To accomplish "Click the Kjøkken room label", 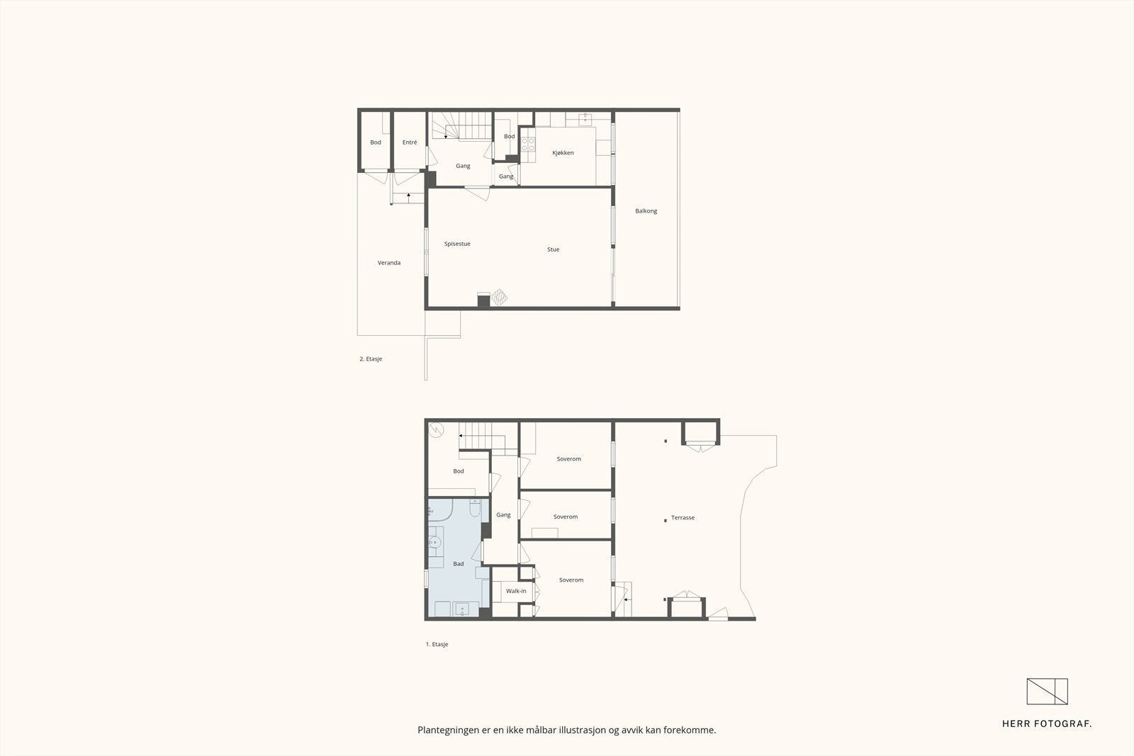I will (x=563, y=153).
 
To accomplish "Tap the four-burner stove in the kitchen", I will (x=528, y=145).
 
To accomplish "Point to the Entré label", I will (x=410, y=142).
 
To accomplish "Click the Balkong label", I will (x=646, y=211).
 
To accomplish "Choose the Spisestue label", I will (x=457, y=244).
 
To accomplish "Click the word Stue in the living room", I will (x=553, y=249).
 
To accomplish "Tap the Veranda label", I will (x=389, y=263).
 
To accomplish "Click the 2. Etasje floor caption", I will (x=371, y=359).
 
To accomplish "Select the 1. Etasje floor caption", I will (x=437, y=645).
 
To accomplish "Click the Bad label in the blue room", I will (x=459, y=564).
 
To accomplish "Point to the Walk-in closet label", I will (x=516, y=591).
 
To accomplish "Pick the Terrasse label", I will (x=683, y=518).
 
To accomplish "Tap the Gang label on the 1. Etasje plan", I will (x=503, y=515).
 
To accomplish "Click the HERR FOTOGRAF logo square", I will (x=1047, y=692).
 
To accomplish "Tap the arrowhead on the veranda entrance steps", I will (x=409, y=194).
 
